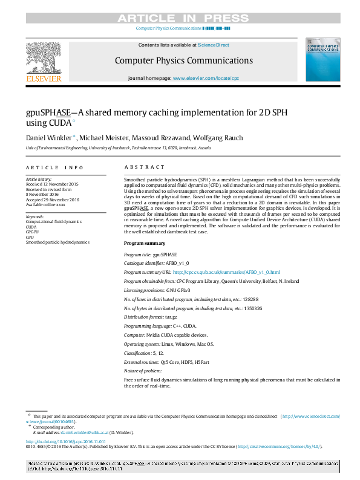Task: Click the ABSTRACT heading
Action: [144, 167]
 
